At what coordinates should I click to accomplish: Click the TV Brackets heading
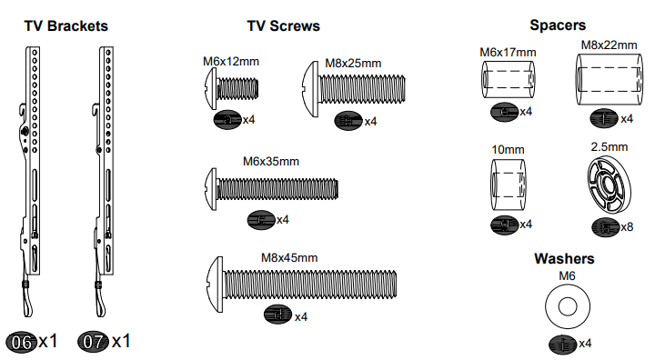(65, 25)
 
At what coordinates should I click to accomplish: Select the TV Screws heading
(283, 25)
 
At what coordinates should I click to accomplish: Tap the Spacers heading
(557, 25)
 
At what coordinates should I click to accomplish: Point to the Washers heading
(564, 258)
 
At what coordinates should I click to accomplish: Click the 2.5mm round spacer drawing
(608, 185)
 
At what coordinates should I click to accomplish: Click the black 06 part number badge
(20, 342)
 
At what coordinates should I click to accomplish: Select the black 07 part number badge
(94, 342)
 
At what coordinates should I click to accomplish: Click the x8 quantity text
(626, 226)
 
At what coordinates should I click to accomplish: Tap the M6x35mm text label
(271, 161)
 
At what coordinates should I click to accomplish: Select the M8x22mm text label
(609, 45)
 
